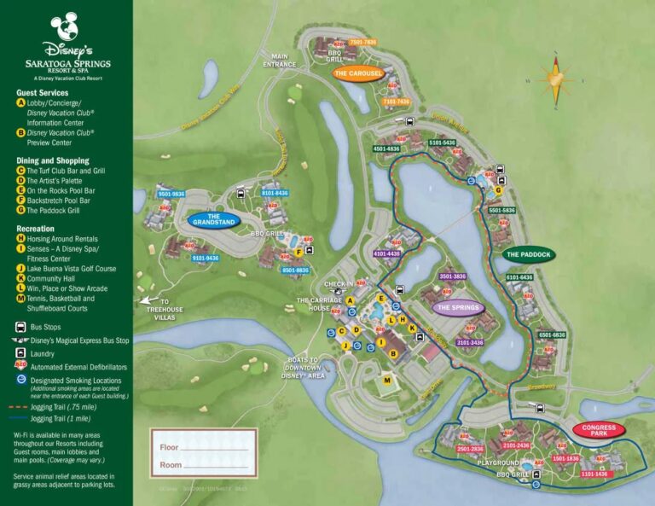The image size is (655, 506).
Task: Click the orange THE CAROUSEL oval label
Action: point(359,74)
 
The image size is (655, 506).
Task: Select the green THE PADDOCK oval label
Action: point(529,254)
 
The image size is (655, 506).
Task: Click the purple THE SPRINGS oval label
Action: point(459,307)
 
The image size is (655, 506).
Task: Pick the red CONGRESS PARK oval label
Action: point(599,429)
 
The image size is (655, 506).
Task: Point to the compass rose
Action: point(558,82)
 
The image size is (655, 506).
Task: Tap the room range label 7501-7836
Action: point(362,42)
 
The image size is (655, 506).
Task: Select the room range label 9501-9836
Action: point(171,194)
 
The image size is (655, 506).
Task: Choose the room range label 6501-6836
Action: point(552,335)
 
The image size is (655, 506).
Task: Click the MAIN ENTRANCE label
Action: point(279,61)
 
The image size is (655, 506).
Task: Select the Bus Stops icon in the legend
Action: point(20,327)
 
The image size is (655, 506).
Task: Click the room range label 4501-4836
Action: point(386,148)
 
